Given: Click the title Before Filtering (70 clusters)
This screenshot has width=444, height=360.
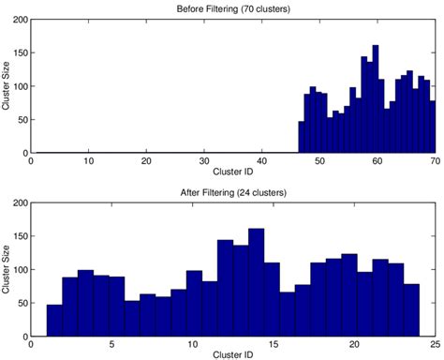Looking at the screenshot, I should (x=233, y=9).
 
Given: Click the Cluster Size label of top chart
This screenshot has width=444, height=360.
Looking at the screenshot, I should (x=7, y=86).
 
